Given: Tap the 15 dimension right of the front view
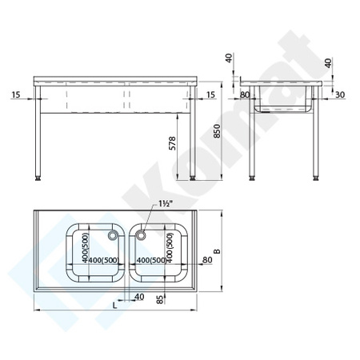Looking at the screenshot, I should pos(210,96).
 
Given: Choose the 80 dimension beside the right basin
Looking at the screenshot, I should pos(207,258).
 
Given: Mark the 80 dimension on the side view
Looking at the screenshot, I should pos(245,96).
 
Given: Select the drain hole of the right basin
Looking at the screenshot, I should pos(142,235).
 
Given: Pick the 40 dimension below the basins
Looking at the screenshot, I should pos(141,297).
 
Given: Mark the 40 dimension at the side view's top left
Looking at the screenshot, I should pos(228,58).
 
